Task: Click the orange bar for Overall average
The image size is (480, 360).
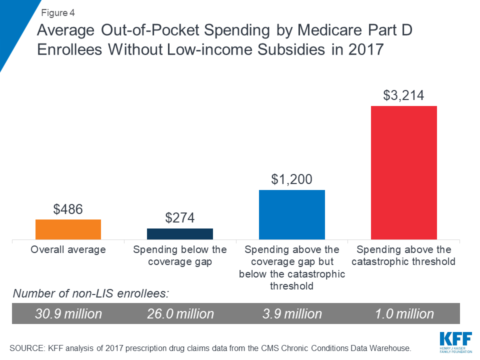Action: click(68, 229)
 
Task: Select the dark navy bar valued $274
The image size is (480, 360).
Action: click(180, 234)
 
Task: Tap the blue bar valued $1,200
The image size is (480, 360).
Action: click(292, 215)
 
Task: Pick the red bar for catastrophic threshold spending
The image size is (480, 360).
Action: click(404, 173)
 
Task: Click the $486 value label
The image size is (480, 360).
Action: click(68, 209)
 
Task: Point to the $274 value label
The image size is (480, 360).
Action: click(180, 218)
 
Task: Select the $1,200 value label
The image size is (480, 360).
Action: click(292, 180)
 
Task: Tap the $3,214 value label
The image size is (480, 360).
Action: click(404, 95)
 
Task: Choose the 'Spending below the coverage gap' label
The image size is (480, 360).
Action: click(180, 255)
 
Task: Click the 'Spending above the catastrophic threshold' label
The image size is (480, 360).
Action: click(404, 255)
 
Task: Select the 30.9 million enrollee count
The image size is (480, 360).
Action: click(68, 313)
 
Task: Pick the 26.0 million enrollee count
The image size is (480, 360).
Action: click(180, 313)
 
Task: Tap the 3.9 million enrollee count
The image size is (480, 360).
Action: click(292, 313)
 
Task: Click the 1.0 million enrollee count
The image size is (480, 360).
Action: click(404, 313)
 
